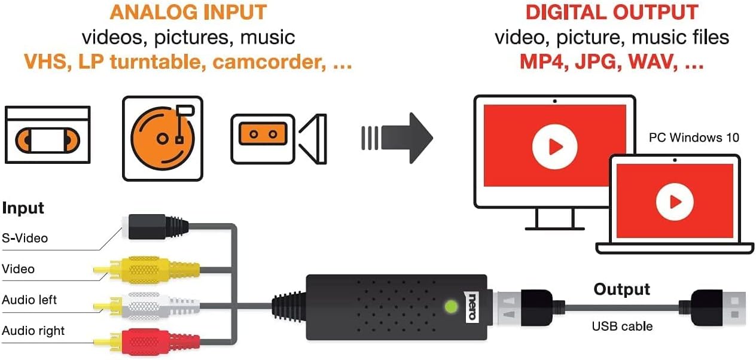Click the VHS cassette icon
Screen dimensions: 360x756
tap(48, 135)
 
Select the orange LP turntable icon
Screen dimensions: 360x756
tap(163, 138)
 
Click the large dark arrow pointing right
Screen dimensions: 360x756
tap(398, 138)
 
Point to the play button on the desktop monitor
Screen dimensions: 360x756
tap(554, 147)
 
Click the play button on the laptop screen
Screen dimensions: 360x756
tap(674, 202)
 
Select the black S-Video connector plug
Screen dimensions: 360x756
tap(156, 226)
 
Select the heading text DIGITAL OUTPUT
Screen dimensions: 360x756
tap(611, 13)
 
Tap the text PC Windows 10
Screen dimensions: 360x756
tap(694, 138)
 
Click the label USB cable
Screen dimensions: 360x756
tap(622, 326)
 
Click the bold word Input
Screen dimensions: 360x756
tap(23, 208)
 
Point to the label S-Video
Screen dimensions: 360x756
tap(25, 238)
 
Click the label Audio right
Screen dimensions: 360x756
tap(33, 331)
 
